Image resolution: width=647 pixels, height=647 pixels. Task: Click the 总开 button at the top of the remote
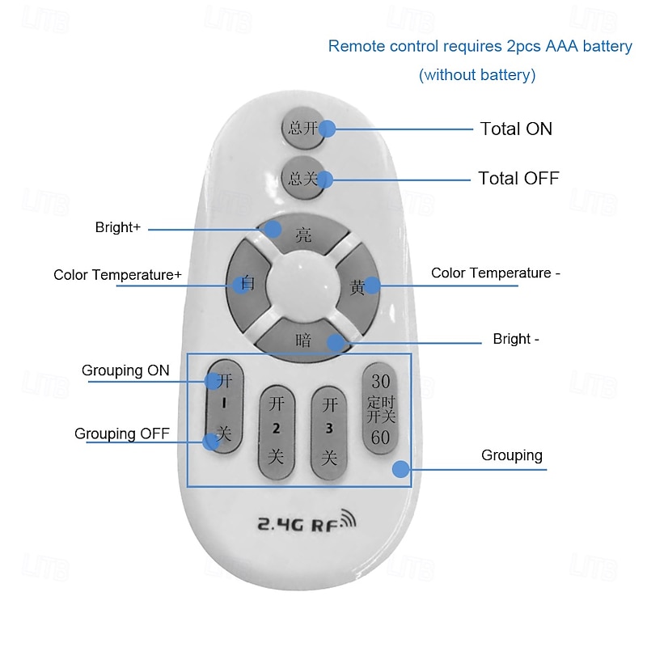tap(303, 128)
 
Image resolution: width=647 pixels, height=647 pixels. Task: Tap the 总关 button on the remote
tap(303, 178)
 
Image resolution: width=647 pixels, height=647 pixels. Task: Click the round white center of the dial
tap(302, 285)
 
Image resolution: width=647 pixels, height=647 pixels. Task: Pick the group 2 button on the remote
tap(277, 429)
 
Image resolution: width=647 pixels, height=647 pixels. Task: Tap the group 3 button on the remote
tap(329, 429)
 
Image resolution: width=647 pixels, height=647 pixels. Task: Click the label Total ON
tap(516, 129)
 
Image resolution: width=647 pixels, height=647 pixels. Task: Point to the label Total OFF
tap(518, 178)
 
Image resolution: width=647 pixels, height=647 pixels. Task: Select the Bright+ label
tap(118, 228)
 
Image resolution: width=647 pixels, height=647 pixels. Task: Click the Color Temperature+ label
tap(117, 275)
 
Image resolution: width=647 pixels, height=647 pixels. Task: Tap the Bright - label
tap(516, 339)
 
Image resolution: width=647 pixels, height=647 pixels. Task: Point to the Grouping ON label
tap(125, 370)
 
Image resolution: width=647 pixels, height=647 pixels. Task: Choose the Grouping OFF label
tap(122, 434)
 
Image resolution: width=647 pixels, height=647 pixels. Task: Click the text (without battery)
tap(477, 75)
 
